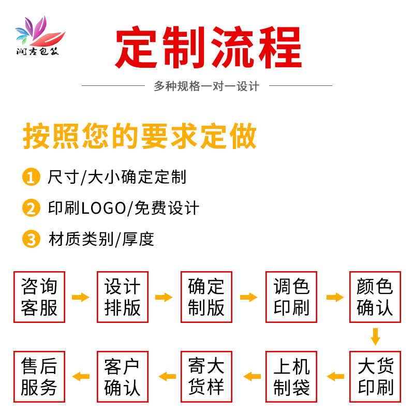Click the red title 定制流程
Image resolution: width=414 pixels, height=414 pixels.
(x=208, y=47)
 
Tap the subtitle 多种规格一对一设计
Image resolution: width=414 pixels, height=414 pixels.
(x=206, y=86)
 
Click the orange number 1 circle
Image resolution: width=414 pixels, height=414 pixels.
(x=31, y=178)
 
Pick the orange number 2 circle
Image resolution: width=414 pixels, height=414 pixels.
(x=31, y=209)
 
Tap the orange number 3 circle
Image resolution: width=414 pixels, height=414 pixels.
(x=31, y=239)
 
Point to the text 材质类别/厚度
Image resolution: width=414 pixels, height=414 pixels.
(x=101, y=240)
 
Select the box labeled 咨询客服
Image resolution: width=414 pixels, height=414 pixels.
(x=39, y=297)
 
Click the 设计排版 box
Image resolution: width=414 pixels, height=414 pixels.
(x=123, y=297)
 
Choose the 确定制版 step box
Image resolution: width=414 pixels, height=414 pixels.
(x=206, y=297)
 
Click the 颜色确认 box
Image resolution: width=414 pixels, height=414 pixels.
(x=375, y=297)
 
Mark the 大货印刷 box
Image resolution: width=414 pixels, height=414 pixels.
(x=375, y=377)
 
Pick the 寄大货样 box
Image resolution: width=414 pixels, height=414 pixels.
(x=206, y=377)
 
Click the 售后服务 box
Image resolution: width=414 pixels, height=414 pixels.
(x=39, y=377)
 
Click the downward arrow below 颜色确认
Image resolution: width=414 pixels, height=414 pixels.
(x=375, y=336)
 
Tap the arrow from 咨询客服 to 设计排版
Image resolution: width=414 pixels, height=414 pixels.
(x=80, y=297)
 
